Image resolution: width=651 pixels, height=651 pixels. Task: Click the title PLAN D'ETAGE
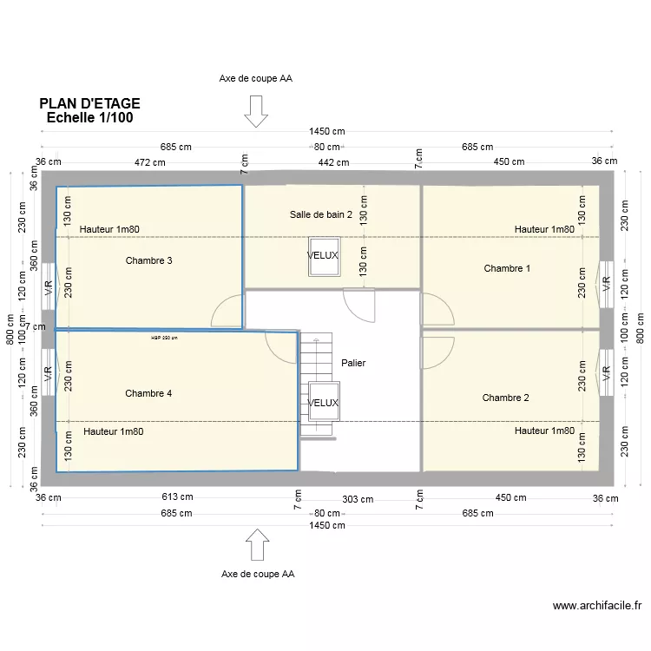[x=89, y=103]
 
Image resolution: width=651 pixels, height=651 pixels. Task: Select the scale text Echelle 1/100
[x=89, y=118]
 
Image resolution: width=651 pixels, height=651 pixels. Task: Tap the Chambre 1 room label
[x=507, y=268]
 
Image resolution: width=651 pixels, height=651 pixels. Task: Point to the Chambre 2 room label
[x=505, y=398]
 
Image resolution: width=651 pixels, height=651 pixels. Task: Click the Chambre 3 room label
[x=148, y=260]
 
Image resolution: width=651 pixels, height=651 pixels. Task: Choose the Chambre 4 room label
[x=148, y=393]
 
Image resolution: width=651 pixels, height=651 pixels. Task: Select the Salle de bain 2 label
[x=321, y=214]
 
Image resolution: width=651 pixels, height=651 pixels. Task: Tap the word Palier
[x=353, y=363]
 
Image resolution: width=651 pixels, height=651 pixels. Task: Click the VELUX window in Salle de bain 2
[x=322, y=256]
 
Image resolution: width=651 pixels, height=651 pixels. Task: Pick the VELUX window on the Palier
[x=322, y=403]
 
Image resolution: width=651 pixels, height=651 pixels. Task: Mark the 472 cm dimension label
[x=150, y=162]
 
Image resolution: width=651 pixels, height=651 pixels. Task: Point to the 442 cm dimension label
[x=332, y=162]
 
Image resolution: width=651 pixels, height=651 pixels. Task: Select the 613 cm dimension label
[x=177, y=497]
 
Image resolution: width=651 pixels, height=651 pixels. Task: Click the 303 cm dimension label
[x=357, y=499]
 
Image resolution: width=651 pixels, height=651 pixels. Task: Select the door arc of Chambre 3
[x=229, y=310]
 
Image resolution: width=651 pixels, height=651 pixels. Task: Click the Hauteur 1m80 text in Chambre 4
[x=113, y=431]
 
